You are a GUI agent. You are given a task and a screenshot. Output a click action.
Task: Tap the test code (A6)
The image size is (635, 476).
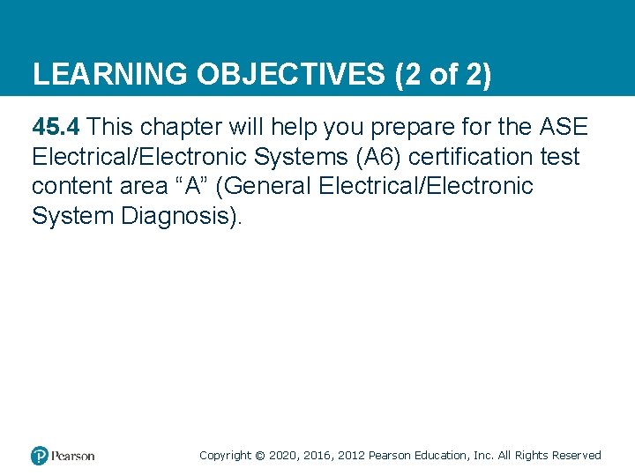pyautogui.click(x=382, y=158)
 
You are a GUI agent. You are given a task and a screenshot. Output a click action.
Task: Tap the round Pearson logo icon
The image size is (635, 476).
pyautogui.click(x=40, y=456)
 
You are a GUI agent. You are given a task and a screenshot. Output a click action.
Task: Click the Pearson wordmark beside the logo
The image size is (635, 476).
pyautogui.click(x=72, y=456)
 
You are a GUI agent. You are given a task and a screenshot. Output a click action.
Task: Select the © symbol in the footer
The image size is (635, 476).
pyautogui.click(x=259, y=456)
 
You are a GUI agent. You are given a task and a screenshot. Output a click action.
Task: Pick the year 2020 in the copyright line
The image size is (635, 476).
pyautogui.click(x=282, y=456)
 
